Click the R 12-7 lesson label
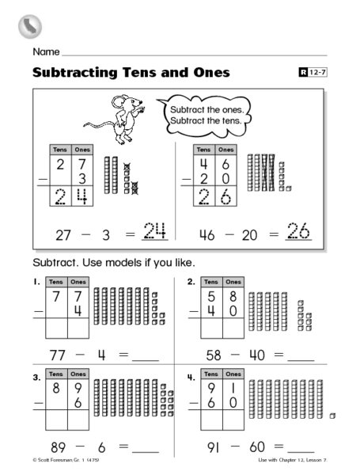pyautogui.click(x=313, y=74)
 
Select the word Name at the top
pyautogui.click(x=46, y=51)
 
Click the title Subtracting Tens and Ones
pyautogui.click(x=131, y=74)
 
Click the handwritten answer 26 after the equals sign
pyautogui.click(x=297, y=233)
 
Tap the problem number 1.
pyautogui.click(x=36, y=282)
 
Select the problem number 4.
pyautogui.click(x=190, y=378)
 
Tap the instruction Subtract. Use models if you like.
pyautogui.click(x=113, y=262)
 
